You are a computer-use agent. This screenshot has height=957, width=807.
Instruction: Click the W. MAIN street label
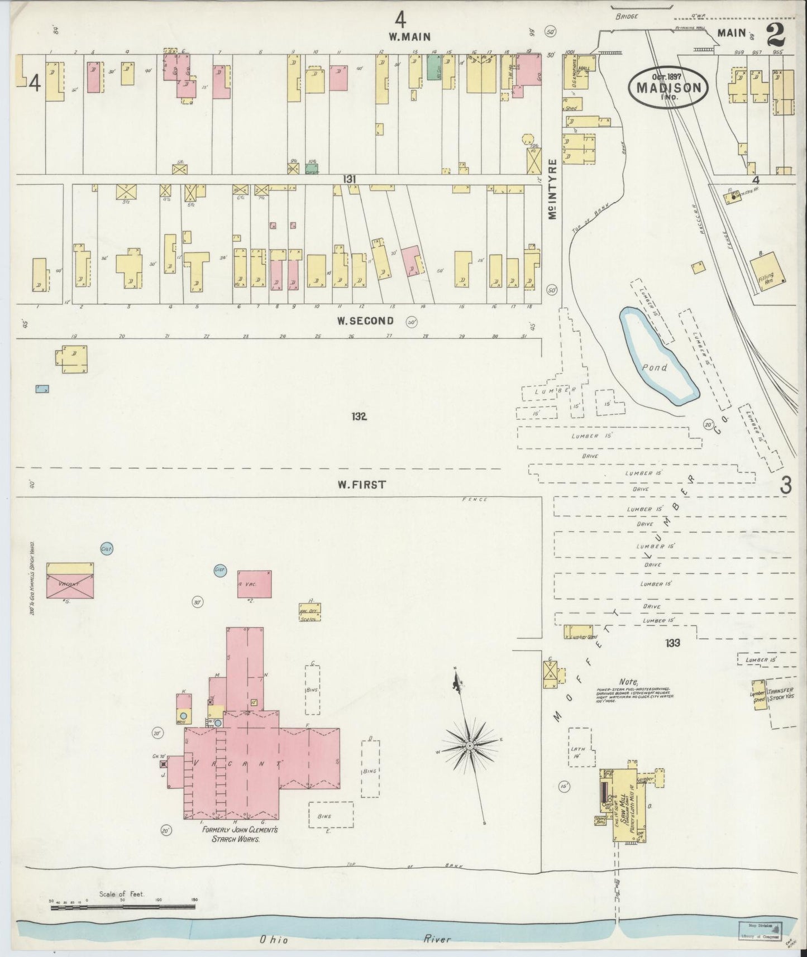[409, 37]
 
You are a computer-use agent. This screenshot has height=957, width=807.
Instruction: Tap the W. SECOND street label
[365, 321]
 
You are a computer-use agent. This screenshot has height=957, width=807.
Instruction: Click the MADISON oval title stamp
[668, 88]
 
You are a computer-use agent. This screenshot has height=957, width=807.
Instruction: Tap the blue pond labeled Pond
[659, 357]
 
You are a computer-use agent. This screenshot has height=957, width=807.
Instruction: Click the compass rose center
[470, 746]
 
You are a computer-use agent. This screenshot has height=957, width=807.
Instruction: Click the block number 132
[359, 416]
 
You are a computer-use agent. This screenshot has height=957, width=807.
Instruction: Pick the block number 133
[672, 643]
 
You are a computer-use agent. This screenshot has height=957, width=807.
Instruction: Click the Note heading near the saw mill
[628, 682]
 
